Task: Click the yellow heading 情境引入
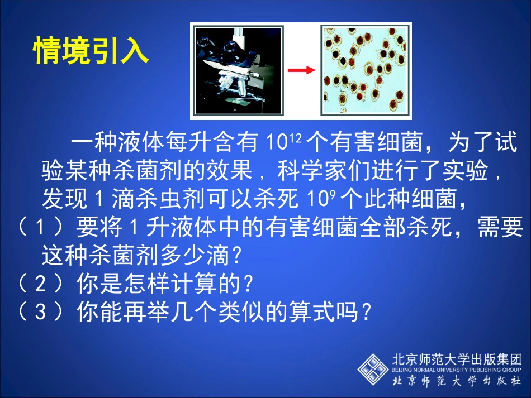pos(91,51)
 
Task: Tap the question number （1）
pos(39,228)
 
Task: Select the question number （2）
pos(39,285)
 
